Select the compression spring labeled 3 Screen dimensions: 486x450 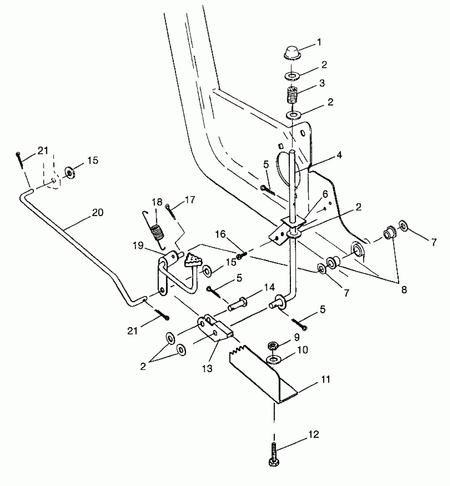[x=292, y=95]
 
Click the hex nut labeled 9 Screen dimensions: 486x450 [x=272, y=345]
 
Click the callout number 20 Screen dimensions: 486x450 [x=97, y=213]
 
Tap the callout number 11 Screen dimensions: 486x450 [x=326, y=379]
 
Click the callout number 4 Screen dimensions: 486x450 [x=339, y=155]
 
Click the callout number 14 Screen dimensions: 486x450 [x=269, y=287]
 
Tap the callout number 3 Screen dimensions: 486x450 [x=322, y=83]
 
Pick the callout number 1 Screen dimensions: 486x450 [x=319, y=42]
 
